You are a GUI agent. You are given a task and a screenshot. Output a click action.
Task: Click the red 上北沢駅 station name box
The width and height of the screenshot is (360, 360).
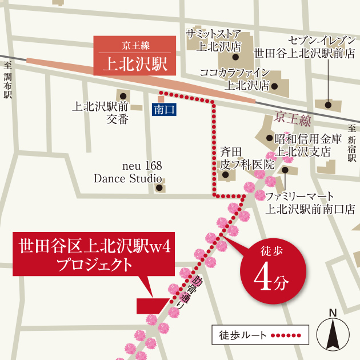[135, 56]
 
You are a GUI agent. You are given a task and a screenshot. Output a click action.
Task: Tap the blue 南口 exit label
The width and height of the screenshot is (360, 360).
[165, 109]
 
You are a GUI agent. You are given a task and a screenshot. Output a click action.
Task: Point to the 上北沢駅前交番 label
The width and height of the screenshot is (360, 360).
[101, 112]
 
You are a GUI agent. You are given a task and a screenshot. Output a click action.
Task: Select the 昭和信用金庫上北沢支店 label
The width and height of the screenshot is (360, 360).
[308, 145]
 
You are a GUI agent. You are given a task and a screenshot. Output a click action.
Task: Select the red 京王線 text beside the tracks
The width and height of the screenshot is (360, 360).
[292, 119]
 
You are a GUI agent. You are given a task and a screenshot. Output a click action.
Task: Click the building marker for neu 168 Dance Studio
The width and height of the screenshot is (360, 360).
[160, 187]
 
